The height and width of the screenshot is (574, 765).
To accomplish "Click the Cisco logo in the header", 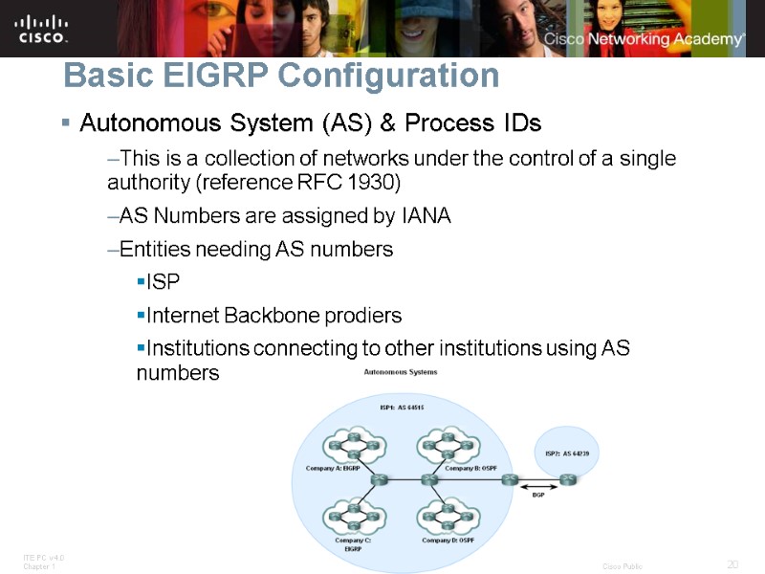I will pos(41,28).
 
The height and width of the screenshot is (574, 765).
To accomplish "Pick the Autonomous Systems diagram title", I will pos(401,372).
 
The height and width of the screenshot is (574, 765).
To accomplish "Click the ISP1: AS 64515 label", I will pos(403,407).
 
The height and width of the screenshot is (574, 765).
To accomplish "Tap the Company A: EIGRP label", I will pos(333,468).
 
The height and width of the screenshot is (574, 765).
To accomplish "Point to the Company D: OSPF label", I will pos(449,541).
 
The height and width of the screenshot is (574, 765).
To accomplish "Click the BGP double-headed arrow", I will pos(538,486).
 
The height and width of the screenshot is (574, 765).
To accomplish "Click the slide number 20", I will pos(733,563).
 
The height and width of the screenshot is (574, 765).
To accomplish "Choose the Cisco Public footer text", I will pos(623,566).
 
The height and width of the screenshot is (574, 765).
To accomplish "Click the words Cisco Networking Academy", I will pos(644,39).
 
